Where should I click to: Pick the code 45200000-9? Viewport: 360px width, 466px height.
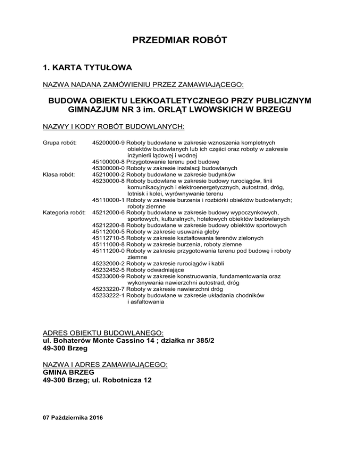coord(108,141)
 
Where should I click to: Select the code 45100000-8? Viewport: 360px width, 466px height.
coord(108,161)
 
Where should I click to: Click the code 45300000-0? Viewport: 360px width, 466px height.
coord(108,168)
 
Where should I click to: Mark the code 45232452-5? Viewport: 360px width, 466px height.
coord(108,271)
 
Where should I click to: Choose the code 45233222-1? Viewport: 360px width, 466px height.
coord(108,296)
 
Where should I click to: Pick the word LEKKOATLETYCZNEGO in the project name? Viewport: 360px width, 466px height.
coord(169,103)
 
